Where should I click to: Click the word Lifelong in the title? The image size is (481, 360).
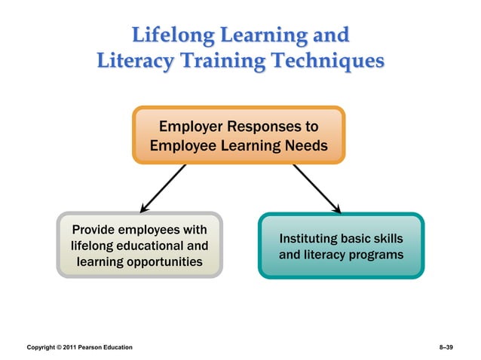pos(170,35)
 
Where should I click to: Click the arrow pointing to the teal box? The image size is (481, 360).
pos(317,188)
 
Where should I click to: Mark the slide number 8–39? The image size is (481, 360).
pos(445,347)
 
